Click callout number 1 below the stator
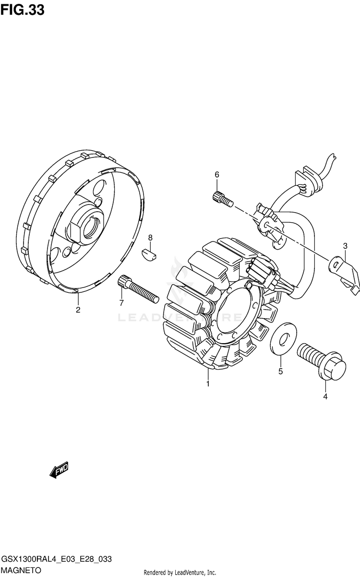click(x=208, y=384)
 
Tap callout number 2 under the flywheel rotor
click(x=78, y=310)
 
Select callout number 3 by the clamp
click(x=345, y=246)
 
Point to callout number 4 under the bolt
click(x=325, y=397)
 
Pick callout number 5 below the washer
click(x=281, y=371)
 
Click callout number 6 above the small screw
click(x=216, y=174)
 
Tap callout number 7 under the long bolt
click(x=121, y=303)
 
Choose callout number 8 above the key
click(x=150, y=238)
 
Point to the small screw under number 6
click(x=222, y=198)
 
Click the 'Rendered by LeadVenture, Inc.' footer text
click(x=180, y=573)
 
